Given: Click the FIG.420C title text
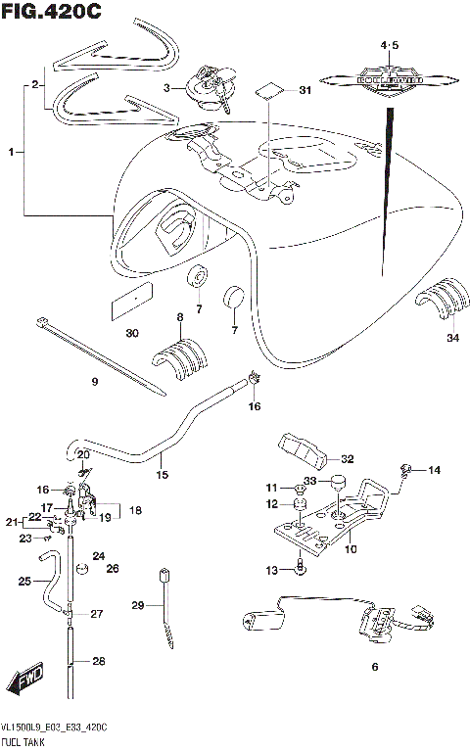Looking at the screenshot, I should (x=51, y=12).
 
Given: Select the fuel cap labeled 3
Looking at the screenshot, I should (x=210, y=85).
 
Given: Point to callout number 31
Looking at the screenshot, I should (x=305, y=91).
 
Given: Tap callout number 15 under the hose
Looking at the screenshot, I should (x=162, y=475).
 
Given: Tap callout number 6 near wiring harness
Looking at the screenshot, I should (x=373, y=668).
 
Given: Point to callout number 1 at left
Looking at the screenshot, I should (x=11, y=153).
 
